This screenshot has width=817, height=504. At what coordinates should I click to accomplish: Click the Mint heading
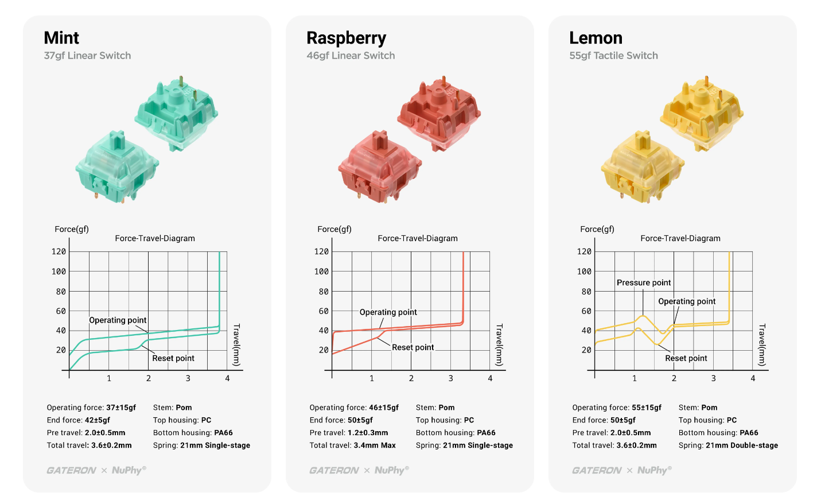click(x=61, y=38)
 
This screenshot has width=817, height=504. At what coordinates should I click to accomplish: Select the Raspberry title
click(x=346, y=38)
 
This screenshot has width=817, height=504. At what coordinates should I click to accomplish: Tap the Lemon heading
click(x=596, y=38)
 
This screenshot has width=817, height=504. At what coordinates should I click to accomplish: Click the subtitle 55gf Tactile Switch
click(x=613, y=56)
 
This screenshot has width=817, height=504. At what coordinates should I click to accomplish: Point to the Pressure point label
click(x=644, y=282)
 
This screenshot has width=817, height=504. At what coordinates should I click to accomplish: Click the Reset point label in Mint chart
click(x=173, y=358)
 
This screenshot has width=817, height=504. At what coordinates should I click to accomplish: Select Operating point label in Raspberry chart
click(x=388, y=312)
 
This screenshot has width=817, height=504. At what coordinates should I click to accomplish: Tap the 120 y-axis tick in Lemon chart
click(x=584, y=251)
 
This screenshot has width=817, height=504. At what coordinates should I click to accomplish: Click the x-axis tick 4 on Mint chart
click(x=227, y=378)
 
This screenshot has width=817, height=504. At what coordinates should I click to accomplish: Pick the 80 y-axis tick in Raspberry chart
click(x=324, y=292)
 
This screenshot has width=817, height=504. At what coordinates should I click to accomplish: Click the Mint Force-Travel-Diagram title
click(x=155, y=238)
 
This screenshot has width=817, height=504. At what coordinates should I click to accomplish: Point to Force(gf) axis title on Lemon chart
click(x=597, y=229)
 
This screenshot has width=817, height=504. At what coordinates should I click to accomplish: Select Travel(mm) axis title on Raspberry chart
click(x=499, y=344)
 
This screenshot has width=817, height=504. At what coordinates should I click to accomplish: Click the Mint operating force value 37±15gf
click(x=121, y=408)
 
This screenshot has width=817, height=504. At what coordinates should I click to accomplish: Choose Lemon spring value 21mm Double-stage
click(x=742, y=445)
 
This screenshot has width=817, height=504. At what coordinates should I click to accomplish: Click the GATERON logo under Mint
click(x=71, y=470)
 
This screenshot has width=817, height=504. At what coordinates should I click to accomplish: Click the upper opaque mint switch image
click(x=177, y=113)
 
